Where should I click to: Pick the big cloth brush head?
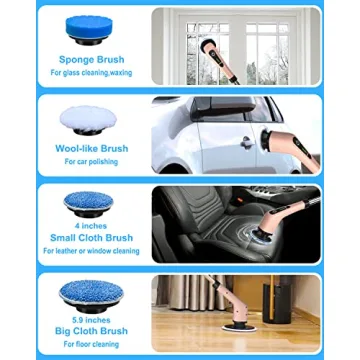pyautogui.click(x=91, y=292)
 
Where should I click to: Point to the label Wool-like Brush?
pyautogui.click(x=91, y=148)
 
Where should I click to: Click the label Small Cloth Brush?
pyautogui.click(x=91, y=238)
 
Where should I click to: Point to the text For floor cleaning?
pyautogui.click(x=91, y=343)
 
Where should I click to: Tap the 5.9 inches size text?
pyautogui.click(x=91, y=318)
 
